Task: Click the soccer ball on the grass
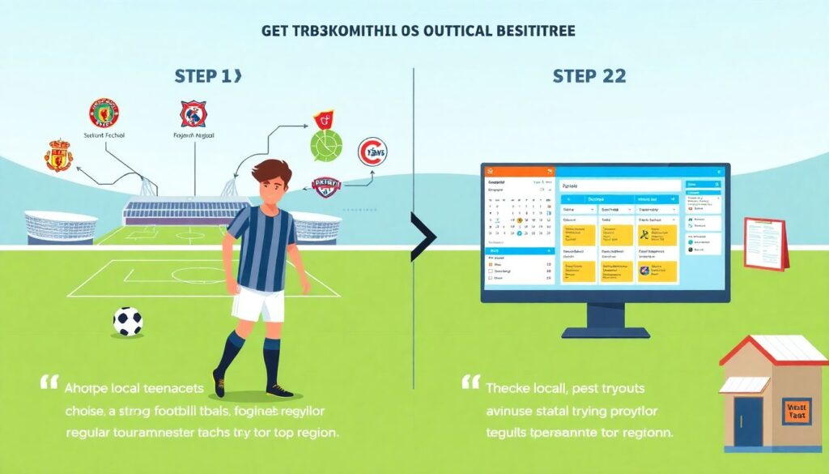point(127,321)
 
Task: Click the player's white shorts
point(258,305)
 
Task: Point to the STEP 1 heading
point(207,76)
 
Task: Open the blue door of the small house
point(747,421)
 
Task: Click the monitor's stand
point(605,320)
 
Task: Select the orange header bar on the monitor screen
point(518,171)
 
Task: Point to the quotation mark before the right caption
point(471,382)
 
